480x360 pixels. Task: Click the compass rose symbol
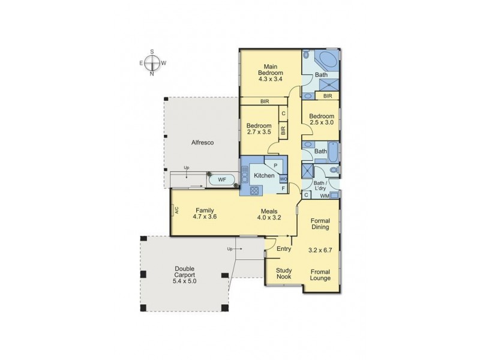[153, 62]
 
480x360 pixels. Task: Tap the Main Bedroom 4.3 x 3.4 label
[270, 72]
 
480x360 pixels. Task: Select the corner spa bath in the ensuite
[328, 62]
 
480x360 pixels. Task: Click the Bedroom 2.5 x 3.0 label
[321, 119]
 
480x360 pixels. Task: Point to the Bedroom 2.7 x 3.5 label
[259, 129]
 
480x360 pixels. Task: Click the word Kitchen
[264, 176]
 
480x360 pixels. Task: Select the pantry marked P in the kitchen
[275, 164]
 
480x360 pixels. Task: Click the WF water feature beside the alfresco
[221, 179]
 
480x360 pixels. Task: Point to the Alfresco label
[202, 143]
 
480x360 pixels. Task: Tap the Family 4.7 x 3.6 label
[204, 214]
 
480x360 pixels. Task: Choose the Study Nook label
[284, 274]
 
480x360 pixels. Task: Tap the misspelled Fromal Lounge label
[320, 275]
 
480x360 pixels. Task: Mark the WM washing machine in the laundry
[323, 196]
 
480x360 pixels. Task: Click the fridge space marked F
[283, 188]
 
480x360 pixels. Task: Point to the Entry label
[283, 248]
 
